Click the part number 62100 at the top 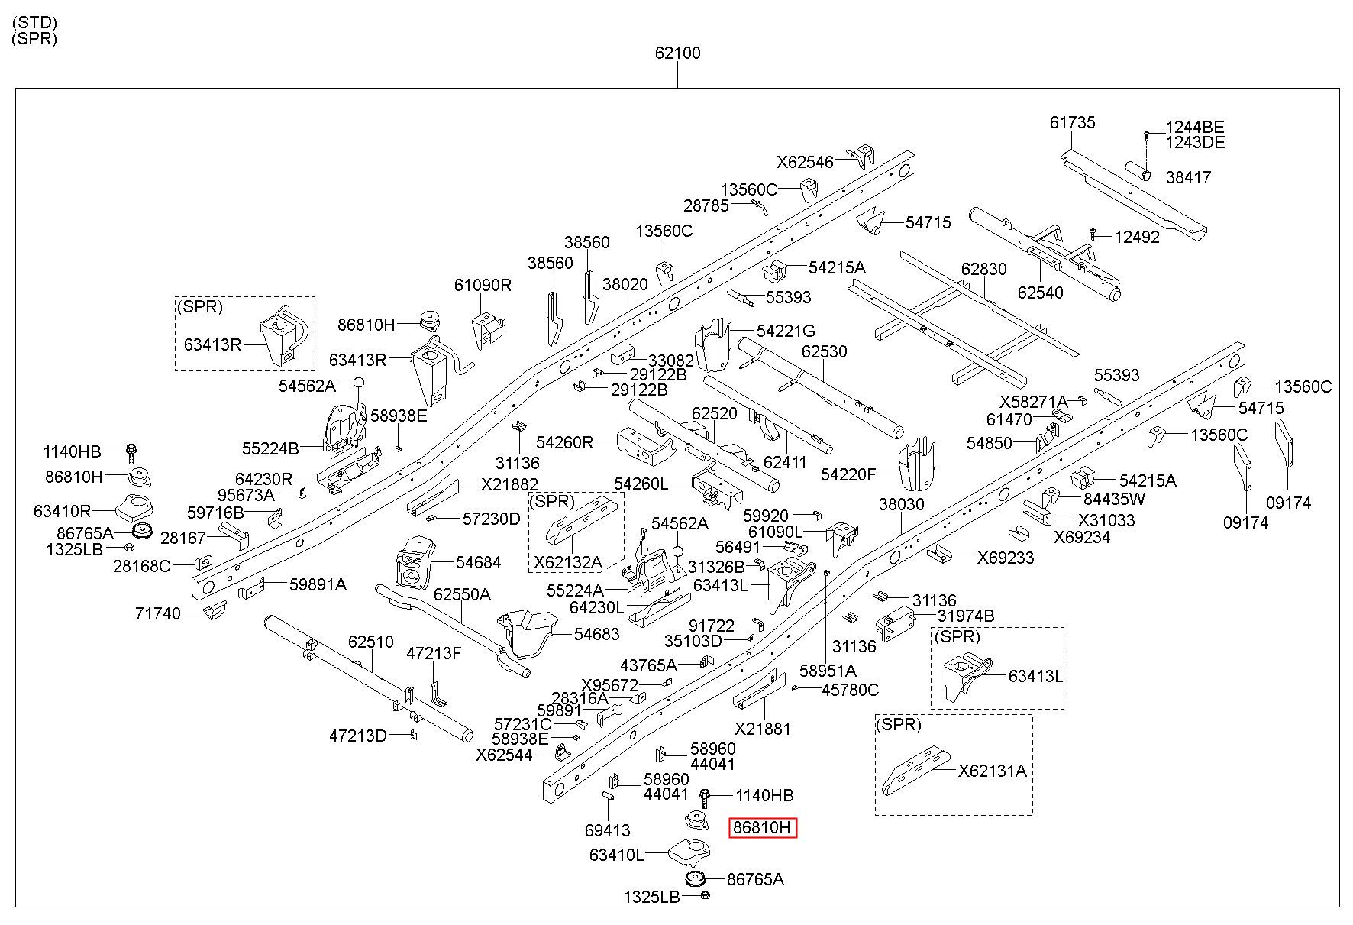[677, 53]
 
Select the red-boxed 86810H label [763, 827]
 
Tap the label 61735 [1072, 122]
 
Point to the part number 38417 [1188, 177]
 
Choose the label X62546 [805, 162]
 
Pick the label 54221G [786, 331]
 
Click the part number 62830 [984, 270]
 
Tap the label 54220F [848, 475]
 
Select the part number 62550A [462, 594]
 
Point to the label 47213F [434, 653]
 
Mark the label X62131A [993, 771]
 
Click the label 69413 [607, 830]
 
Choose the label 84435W [1115, 499]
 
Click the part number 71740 [158, 613]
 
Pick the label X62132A [568, 563]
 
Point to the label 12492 [1137, 237]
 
